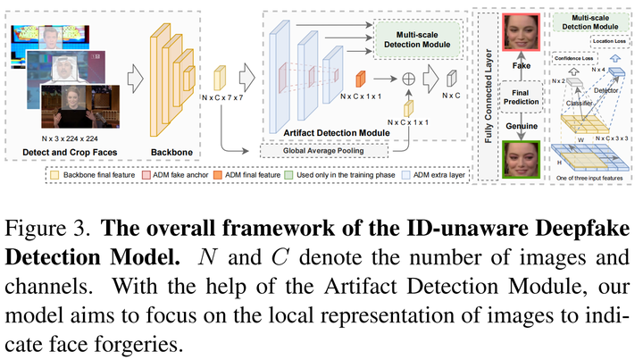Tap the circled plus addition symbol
tap(410, 79)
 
